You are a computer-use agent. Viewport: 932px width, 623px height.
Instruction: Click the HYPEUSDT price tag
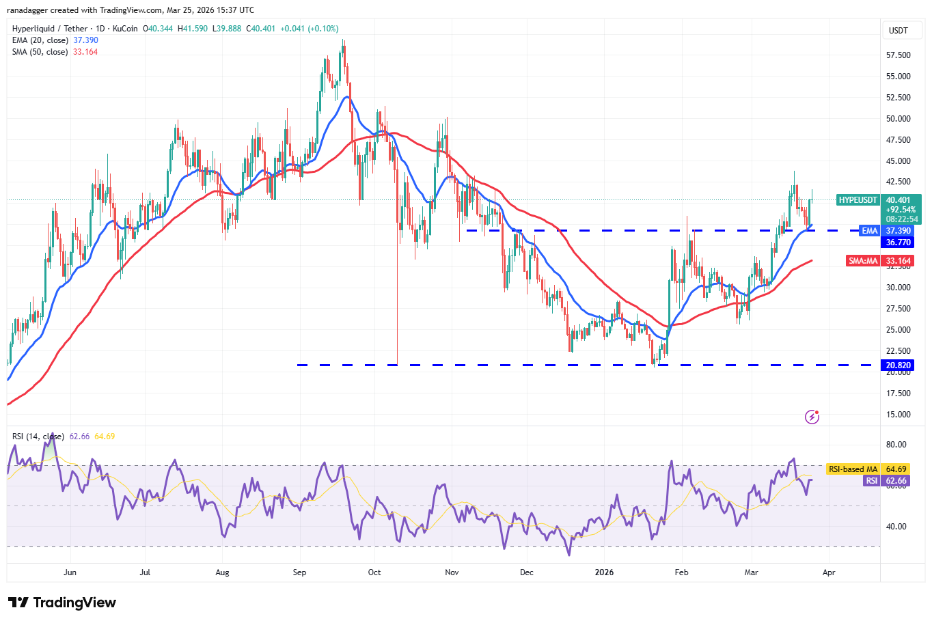point(858,200)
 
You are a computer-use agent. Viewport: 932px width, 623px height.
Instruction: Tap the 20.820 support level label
point(898,365)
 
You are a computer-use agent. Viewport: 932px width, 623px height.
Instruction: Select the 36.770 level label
point(898,243)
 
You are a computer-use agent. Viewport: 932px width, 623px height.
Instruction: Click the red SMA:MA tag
point(863,261)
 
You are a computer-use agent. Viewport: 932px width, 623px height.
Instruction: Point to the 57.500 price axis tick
point(898,55)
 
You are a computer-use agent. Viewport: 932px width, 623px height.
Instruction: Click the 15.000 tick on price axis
point(898,415)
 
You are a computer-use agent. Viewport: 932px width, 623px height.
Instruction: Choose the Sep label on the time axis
point(299,572)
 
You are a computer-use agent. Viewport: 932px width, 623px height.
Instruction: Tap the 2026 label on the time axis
point(604,572)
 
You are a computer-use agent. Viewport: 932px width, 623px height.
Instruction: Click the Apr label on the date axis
point(829,572)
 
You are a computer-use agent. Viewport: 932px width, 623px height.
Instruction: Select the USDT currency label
point(898,31)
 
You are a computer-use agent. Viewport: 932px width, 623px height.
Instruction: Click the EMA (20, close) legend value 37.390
point(85,40)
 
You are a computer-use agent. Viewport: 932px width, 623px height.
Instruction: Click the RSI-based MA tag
point(853,469)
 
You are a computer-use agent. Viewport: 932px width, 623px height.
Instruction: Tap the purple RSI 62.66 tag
point(872,481)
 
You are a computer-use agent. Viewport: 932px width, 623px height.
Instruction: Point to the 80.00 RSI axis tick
point(896,445)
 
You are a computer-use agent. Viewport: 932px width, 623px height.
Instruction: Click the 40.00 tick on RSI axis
point(896,527)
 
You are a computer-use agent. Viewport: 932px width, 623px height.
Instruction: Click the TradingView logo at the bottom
point(62,603)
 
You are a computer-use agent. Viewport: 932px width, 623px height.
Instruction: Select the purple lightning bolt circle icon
point(812,417)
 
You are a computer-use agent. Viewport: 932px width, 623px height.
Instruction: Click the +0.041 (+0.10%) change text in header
point(309,29)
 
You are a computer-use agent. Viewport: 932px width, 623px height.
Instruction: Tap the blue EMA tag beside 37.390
point(869,231)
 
